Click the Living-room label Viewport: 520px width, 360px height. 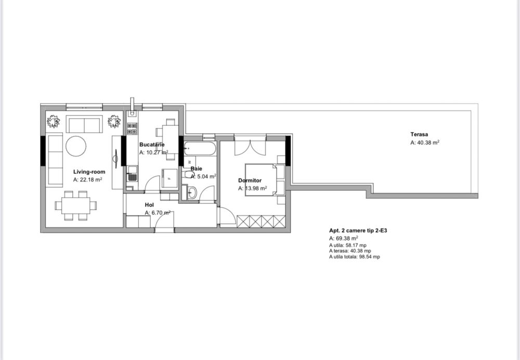pyautogui.click(x=89, y=171)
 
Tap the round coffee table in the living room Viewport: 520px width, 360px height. pyautogui.click(x=76, y=146)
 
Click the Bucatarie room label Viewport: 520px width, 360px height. pyautogui.click(x=152, y=144)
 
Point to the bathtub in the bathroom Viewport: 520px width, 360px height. pyautogui.click(x=199, y=149)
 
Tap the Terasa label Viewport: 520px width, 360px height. pyautogui.click(x=419, y=134)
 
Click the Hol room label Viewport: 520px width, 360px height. pyautogui.click(x=149, y=204)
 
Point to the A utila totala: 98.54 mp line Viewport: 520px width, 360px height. pyautogui.click(x=354, y=257)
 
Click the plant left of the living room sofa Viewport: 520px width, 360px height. pyautogui.click(x=53, y=122)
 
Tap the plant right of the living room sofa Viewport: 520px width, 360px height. pyautogui.click(x=114, y=122)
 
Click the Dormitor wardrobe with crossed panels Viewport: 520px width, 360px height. pyautogui.click(x=261, y=221)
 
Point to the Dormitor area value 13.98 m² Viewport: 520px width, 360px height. pyautogui.click(x=253, y=189)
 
